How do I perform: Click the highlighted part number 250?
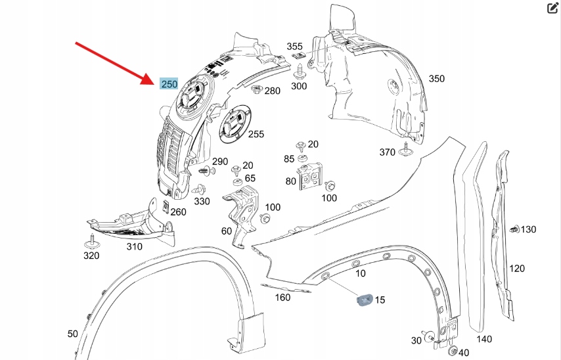coord(169,84)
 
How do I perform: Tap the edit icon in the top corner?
coord(552,8)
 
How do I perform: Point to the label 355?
coord(295,47)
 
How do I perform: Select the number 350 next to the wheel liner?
coord(436,79)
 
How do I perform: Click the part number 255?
coord(256,134)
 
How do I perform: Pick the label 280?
coord(272,91)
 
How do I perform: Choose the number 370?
coord(387,152)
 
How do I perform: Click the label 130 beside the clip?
coord(528,229)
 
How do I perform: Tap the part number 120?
coord(517,268)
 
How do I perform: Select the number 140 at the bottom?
coord(483,339)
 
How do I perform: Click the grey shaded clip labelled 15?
coord(363,300)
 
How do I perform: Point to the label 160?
coord(282,298)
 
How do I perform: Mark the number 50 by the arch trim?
coord(72,334)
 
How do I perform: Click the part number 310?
coord(134,246)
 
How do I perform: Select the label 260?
coord(178,212)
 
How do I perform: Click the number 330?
coord(202,202)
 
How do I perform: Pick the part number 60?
coord(227,231)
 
